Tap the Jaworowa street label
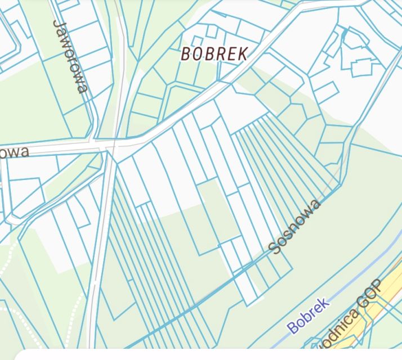[x=70, y=56]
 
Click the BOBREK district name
[x=215, y=54]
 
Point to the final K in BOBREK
[x=243, y=54]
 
